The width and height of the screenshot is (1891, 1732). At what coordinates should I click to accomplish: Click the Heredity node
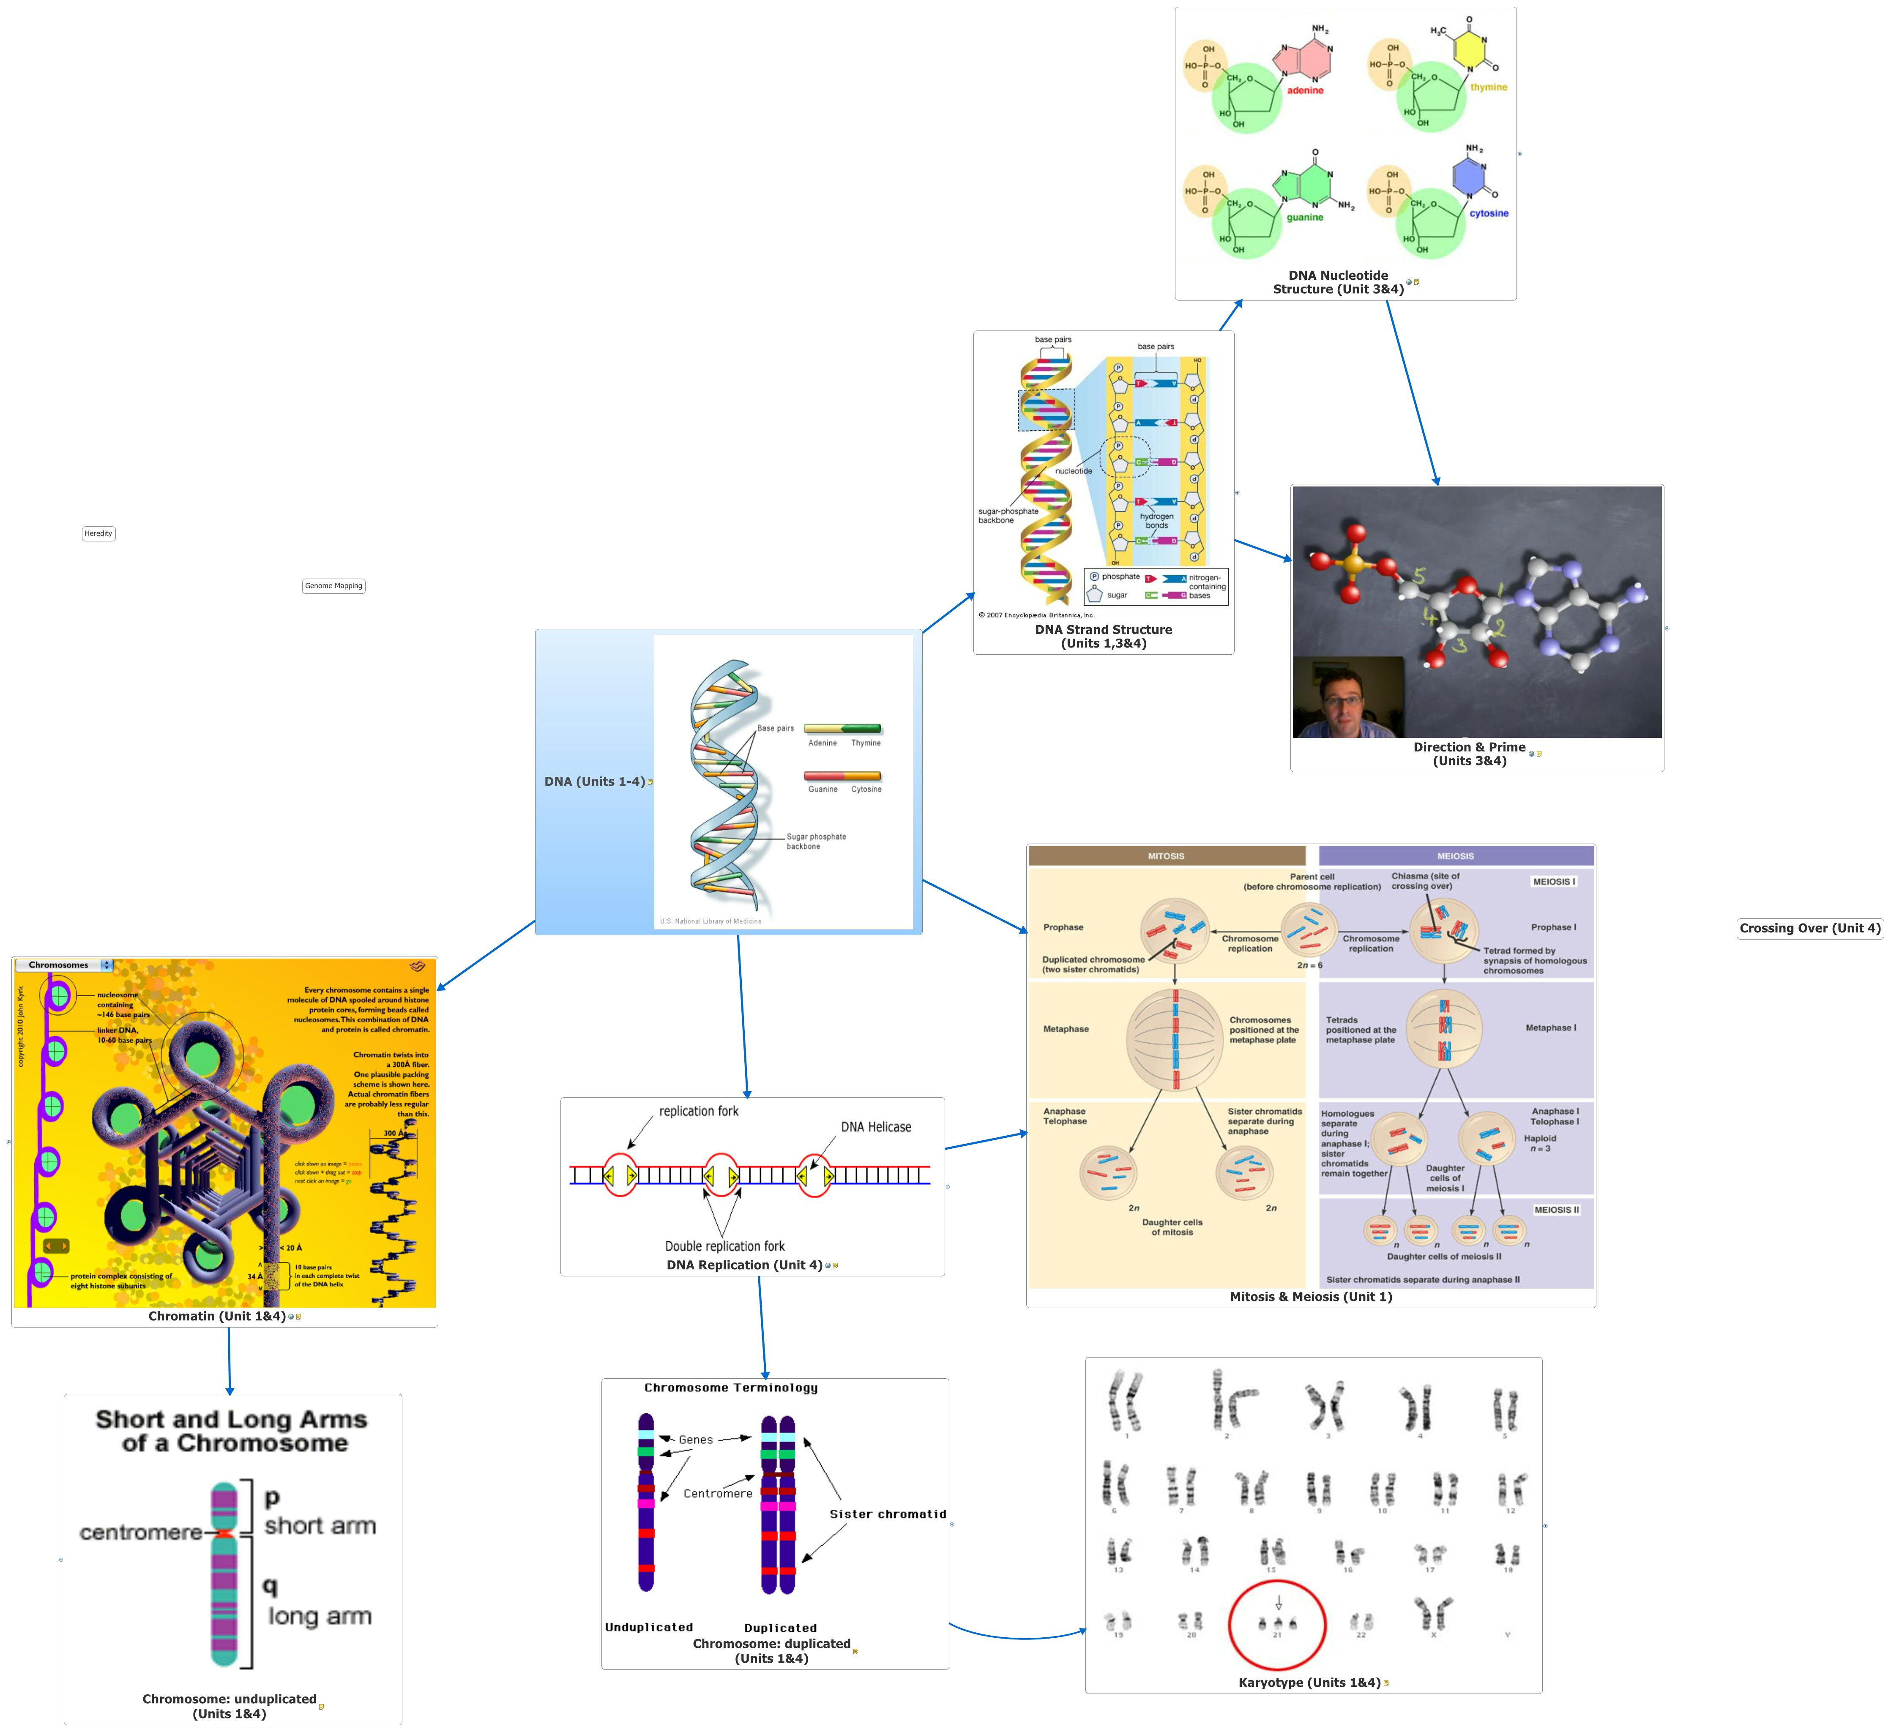coord(98,533)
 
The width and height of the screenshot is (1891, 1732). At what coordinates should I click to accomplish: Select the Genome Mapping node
coord(333,586)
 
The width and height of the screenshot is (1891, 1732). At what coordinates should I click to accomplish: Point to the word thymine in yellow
coord(1489,87)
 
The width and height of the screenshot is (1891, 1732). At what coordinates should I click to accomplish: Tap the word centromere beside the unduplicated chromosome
coord(141,1532)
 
